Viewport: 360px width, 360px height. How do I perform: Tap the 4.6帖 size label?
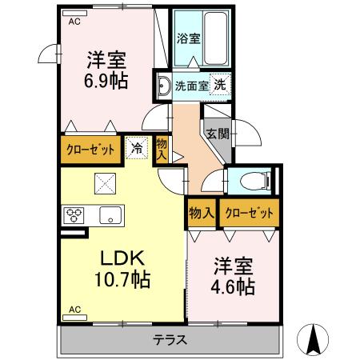[232, 286]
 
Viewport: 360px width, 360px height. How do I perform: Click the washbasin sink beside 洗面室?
[162, 86]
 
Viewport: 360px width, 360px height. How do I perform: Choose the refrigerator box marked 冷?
[138, 148]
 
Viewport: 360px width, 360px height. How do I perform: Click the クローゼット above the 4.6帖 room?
[249, 214]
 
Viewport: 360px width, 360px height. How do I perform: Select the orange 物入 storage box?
[201, 214]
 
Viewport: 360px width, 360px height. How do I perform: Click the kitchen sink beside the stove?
[109, 214]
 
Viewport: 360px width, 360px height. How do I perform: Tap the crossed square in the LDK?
[105, 183]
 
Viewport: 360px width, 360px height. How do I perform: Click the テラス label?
[170, 339]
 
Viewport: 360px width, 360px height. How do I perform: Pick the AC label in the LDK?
[74, 309]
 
